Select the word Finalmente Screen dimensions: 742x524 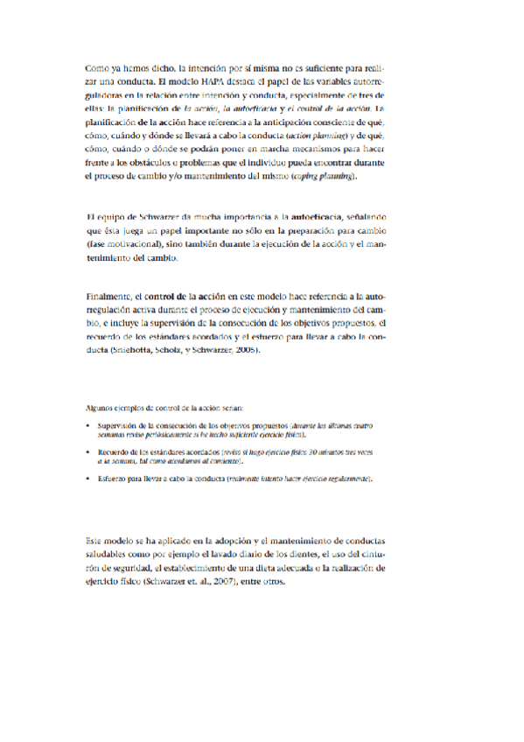pyautogui.click(x=108, y=297)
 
